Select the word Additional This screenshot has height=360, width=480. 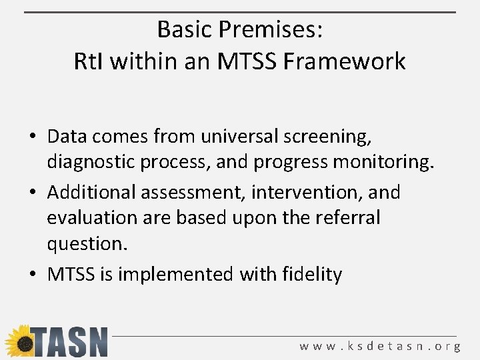coord(91,193)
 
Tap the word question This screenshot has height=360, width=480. coord(86,243)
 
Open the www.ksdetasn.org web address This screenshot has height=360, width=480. coord(379,346)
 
